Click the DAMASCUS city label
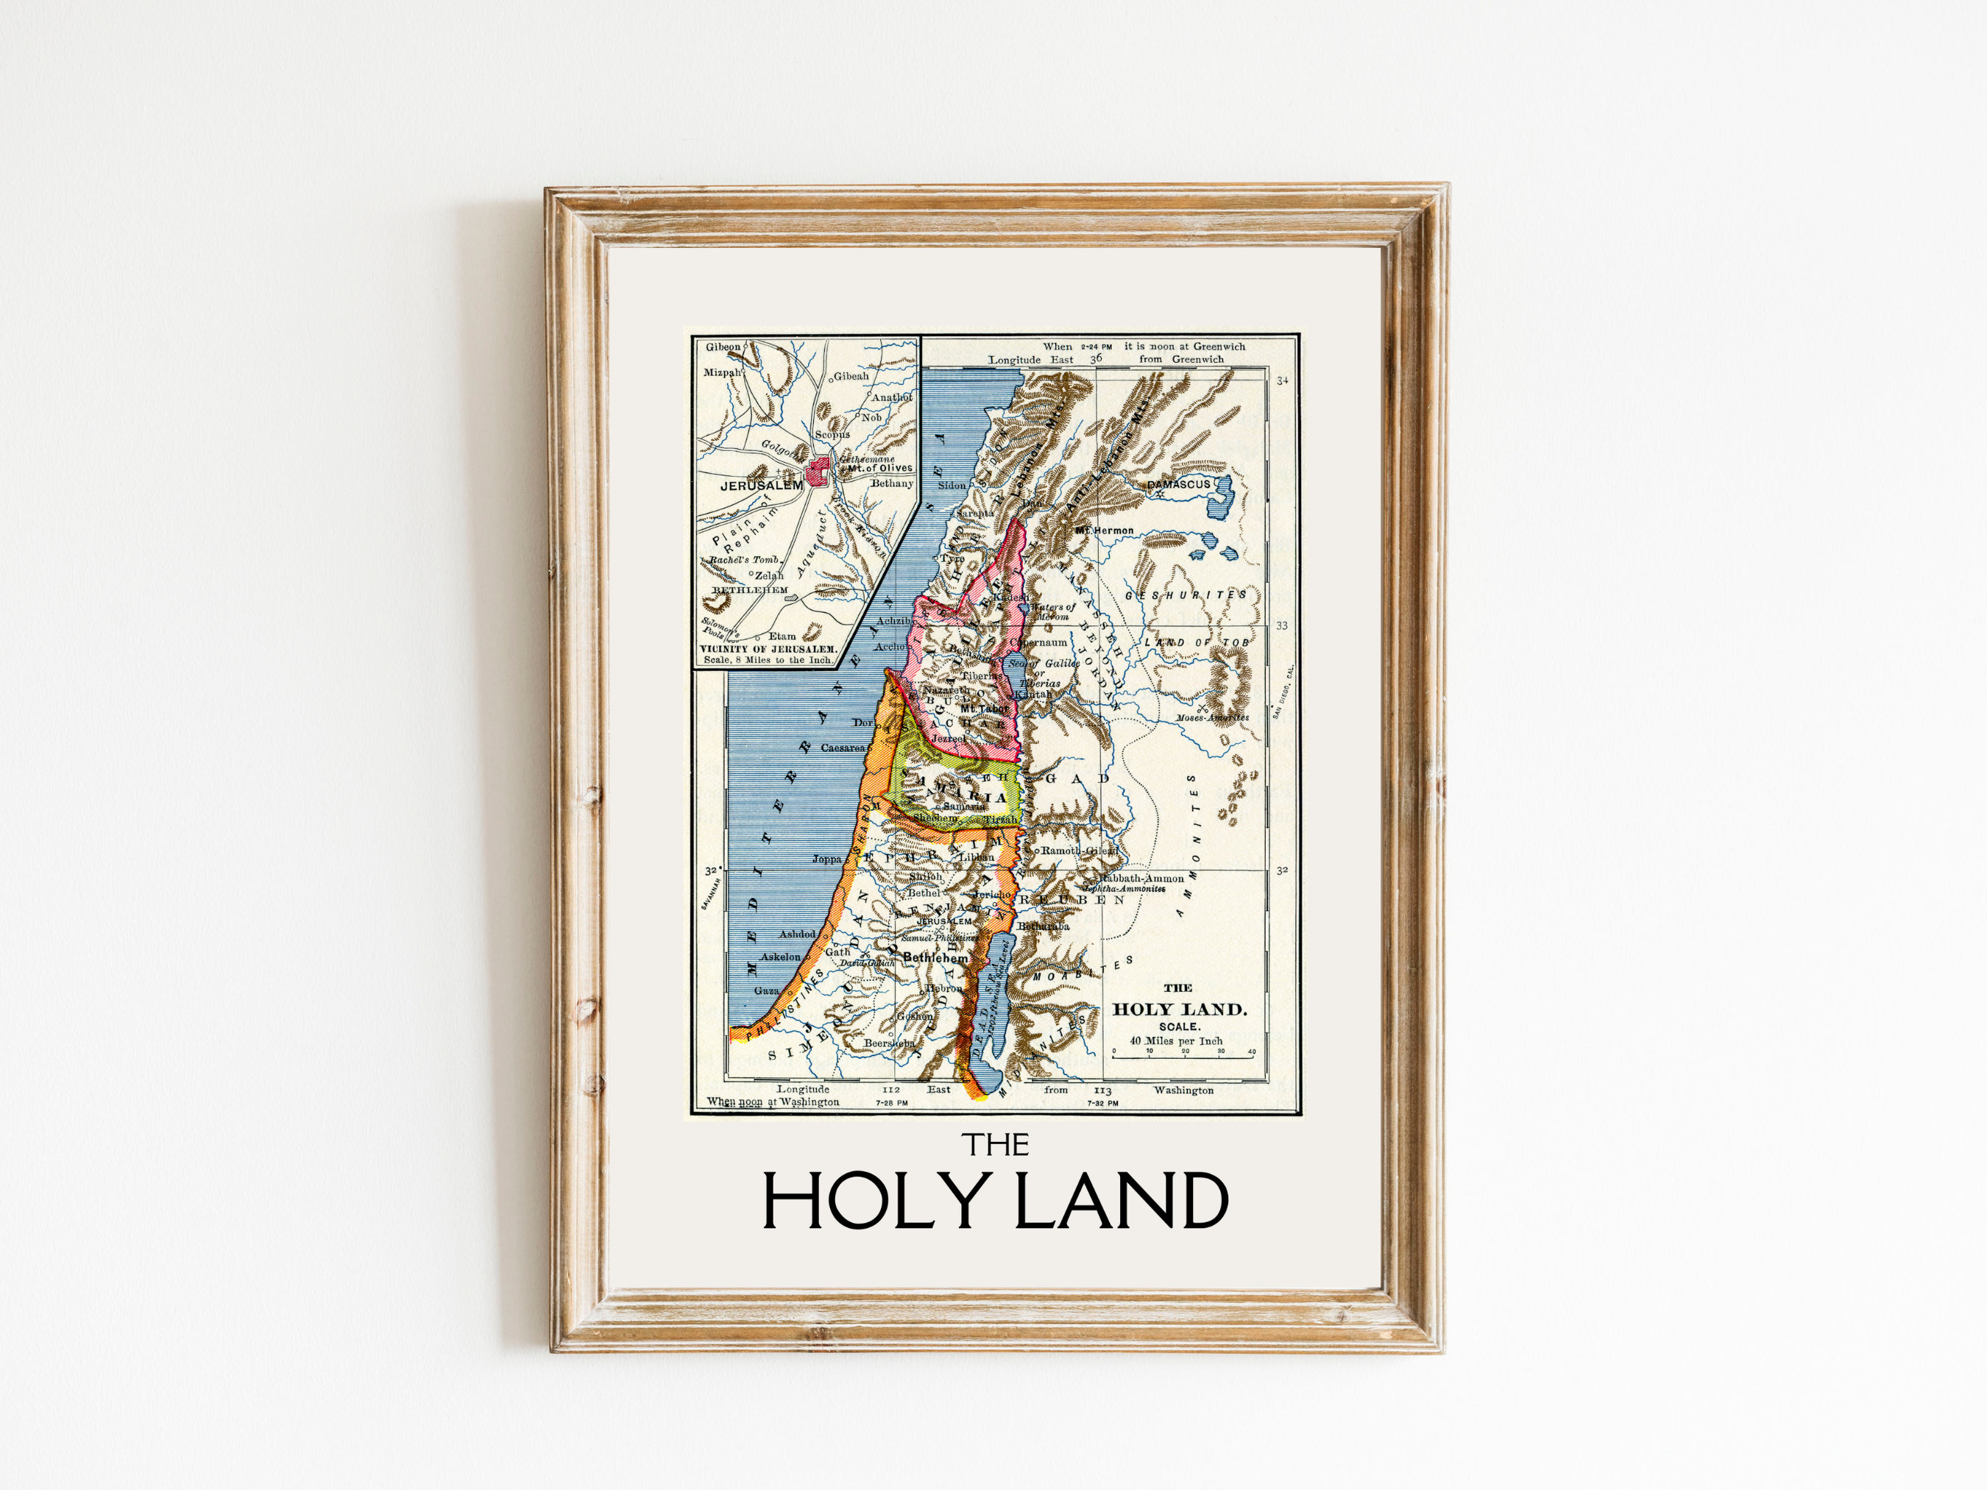point(1178,484)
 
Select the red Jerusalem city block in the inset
point(818,472)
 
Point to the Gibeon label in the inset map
point(723,347)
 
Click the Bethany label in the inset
point(892,483)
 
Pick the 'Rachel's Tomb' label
point(742,559)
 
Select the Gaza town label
point(767,990)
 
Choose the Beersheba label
point(889,1043)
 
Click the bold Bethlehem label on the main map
point(936,958)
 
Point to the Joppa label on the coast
point(827,859)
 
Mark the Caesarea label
point(843,748)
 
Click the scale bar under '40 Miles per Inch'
point(1183,1057)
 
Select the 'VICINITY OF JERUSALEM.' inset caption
point(768,648)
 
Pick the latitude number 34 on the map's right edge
point(1282,381)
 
